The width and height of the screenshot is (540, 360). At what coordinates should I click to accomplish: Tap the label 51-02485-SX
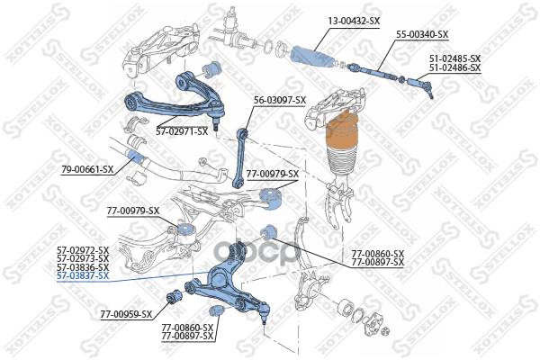coord(454,58)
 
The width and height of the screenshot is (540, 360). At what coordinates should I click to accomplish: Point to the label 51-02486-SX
coord(454,67)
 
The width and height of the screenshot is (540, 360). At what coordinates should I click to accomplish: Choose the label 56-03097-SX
coord(280,100)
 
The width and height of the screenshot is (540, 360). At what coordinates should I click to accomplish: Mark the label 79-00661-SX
coord(87,169)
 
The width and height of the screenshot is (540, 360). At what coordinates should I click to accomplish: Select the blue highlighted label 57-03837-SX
coord(83,275)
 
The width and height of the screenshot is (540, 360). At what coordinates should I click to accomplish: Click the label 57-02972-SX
coord(83,249)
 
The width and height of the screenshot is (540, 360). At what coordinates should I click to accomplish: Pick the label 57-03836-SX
coord(83,267)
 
